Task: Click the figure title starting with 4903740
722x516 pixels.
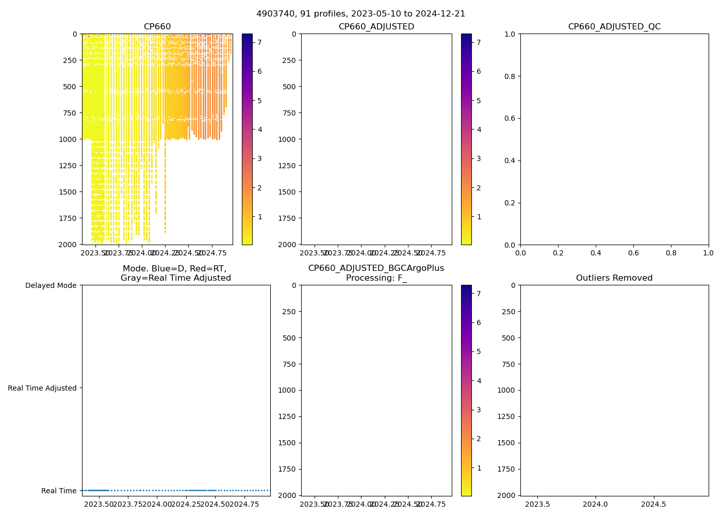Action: click(x=360, y=14)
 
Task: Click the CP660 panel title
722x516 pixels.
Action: click(x=157, y=27)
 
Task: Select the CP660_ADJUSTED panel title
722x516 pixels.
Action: click(x=376, y=27)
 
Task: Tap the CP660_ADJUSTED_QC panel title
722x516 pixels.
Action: click(x=614, y=27)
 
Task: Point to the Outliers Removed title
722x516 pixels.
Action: click(x=614, y=278)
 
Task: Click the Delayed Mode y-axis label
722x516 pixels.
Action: click(x=51, y=285)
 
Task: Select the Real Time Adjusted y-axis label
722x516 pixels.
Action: click(x=42, y=388)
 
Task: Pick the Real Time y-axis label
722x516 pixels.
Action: click(x=59, y=491)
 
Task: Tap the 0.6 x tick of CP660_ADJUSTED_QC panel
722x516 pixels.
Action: click(x=633, y=253)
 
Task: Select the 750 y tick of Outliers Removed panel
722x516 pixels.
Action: click(x=509, y=364)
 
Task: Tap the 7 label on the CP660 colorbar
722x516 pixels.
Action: click(x=259, y=42)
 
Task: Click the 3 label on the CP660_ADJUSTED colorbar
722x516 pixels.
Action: click(x=479, y=158)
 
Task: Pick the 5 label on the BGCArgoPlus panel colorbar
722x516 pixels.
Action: click(x=479, y=351)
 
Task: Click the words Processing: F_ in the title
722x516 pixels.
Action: click(x=376, y=278)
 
